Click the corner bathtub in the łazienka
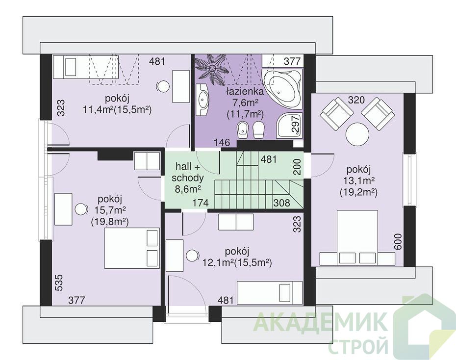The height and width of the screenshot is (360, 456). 282,89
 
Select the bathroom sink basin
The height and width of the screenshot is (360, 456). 203,100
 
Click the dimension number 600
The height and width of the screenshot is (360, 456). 398,242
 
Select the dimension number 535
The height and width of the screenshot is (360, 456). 59,282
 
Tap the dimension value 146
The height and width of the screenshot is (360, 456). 222,143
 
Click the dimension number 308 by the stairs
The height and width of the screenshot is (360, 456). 281,203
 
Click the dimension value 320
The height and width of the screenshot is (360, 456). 356,101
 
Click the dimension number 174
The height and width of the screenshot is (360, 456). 201,203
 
